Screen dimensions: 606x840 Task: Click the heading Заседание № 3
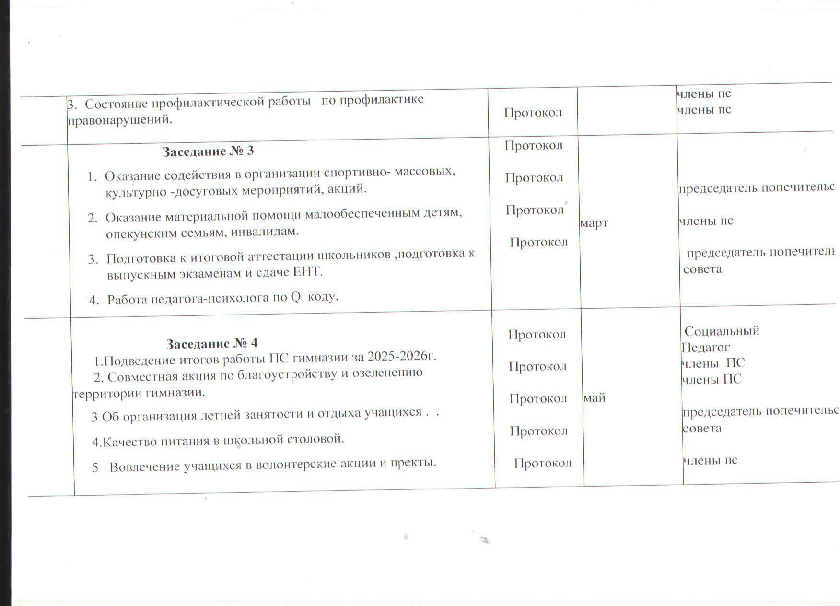coord(208,151)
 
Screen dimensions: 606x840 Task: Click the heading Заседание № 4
coord(211,343)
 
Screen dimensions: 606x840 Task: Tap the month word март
coord(594,223)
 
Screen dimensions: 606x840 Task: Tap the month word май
coord(595,397)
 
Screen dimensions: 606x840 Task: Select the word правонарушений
coord(119,120)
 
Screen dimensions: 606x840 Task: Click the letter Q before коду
coord(296,297)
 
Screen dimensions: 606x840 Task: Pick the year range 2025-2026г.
coord(401,356)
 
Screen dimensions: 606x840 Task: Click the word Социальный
coord(722,331)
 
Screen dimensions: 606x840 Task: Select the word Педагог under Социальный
coord(705,347)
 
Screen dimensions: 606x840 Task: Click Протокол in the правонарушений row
coord(533,113)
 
